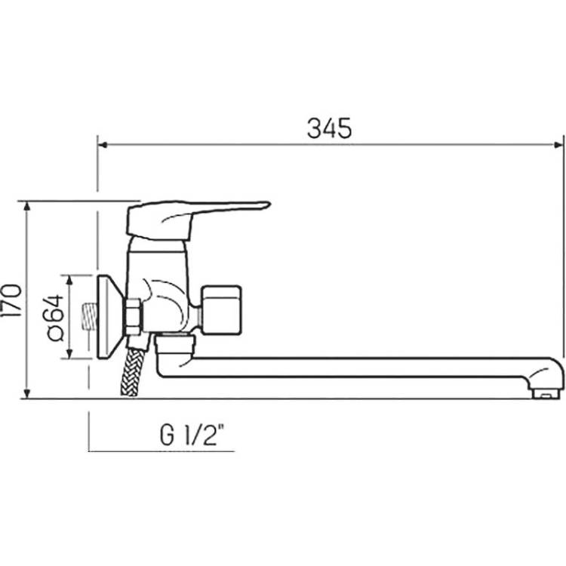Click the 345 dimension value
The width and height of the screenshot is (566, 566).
click(x=329, y=128)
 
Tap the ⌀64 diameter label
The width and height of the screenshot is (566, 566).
click(x=55, y=318)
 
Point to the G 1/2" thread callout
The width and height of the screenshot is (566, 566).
click(x=192, y=435)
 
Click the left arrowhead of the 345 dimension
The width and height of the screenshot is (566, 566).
click(x=103, y=145)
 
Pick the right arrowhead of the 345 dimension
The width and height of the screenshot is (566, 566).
click(x=558, y=145)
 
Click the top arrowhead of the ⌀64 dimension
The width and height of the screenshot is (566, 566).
click(x=70, y=281)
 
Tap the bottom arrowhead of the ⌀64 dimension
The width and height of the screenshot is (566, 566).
click(x=70, y=353)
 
